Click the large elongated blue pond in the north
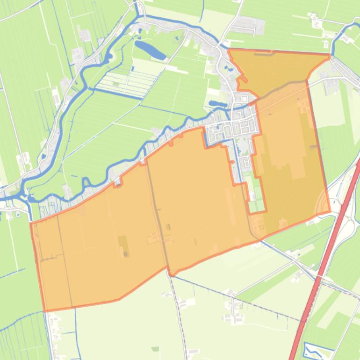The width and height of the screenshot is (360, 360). pyautogui.click(x=149, y=50)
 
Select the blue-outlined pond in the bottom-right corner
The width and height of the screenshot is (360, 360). pyautogui.click(x=312, y=349)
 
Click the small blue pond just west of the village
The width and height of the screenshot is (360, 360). pyautogui.click(x=216, y=103)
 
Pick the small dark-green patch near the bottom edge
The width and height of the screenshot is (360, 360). pyautogui.click(x=155, y=349)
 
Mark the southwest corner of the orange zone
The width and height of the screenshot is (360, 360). pyautogui.click(x=45, y=310)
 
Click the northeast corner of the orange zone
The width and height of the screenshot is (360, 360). pyautogui.click(x=330, y=55)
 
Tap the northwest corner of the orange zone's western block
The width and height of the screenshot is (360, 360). pyautogui.click(x=31, y=224)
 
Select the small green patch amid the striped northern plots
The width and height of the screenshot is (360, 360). pyautogui.click(x=115, y=84)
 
